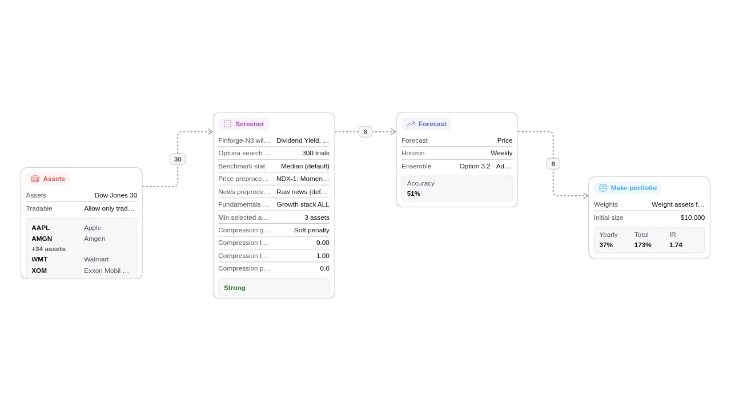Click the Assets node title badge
click(48, 179)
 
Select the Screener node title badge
click(244, 124)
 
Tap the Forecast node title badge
click(427, 124)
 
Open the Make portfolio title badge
click(628, 188)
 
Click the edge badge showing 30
click(178, 159)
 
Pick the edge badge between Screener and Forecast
click(365, 132)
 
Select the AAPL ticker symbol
click(41, 228)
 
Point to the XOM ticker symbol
click(39, 271)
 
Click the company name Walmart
click(97, 259)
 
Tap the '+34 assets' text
click(49, 249)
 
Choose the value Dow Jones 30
click(116, 195)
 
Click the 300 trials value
click(316, 153)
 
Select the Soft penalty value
click(312, 230)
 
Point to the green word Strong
click(235, 288)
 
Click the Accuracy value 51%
click(413, 194)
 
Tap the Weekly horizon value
click(501, 153)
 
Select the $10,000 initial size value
click(693, 217)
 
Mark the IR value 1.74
click(676, 245)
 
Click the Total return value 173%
click(642, 245)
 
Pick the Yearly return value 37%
click(606, 245)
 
